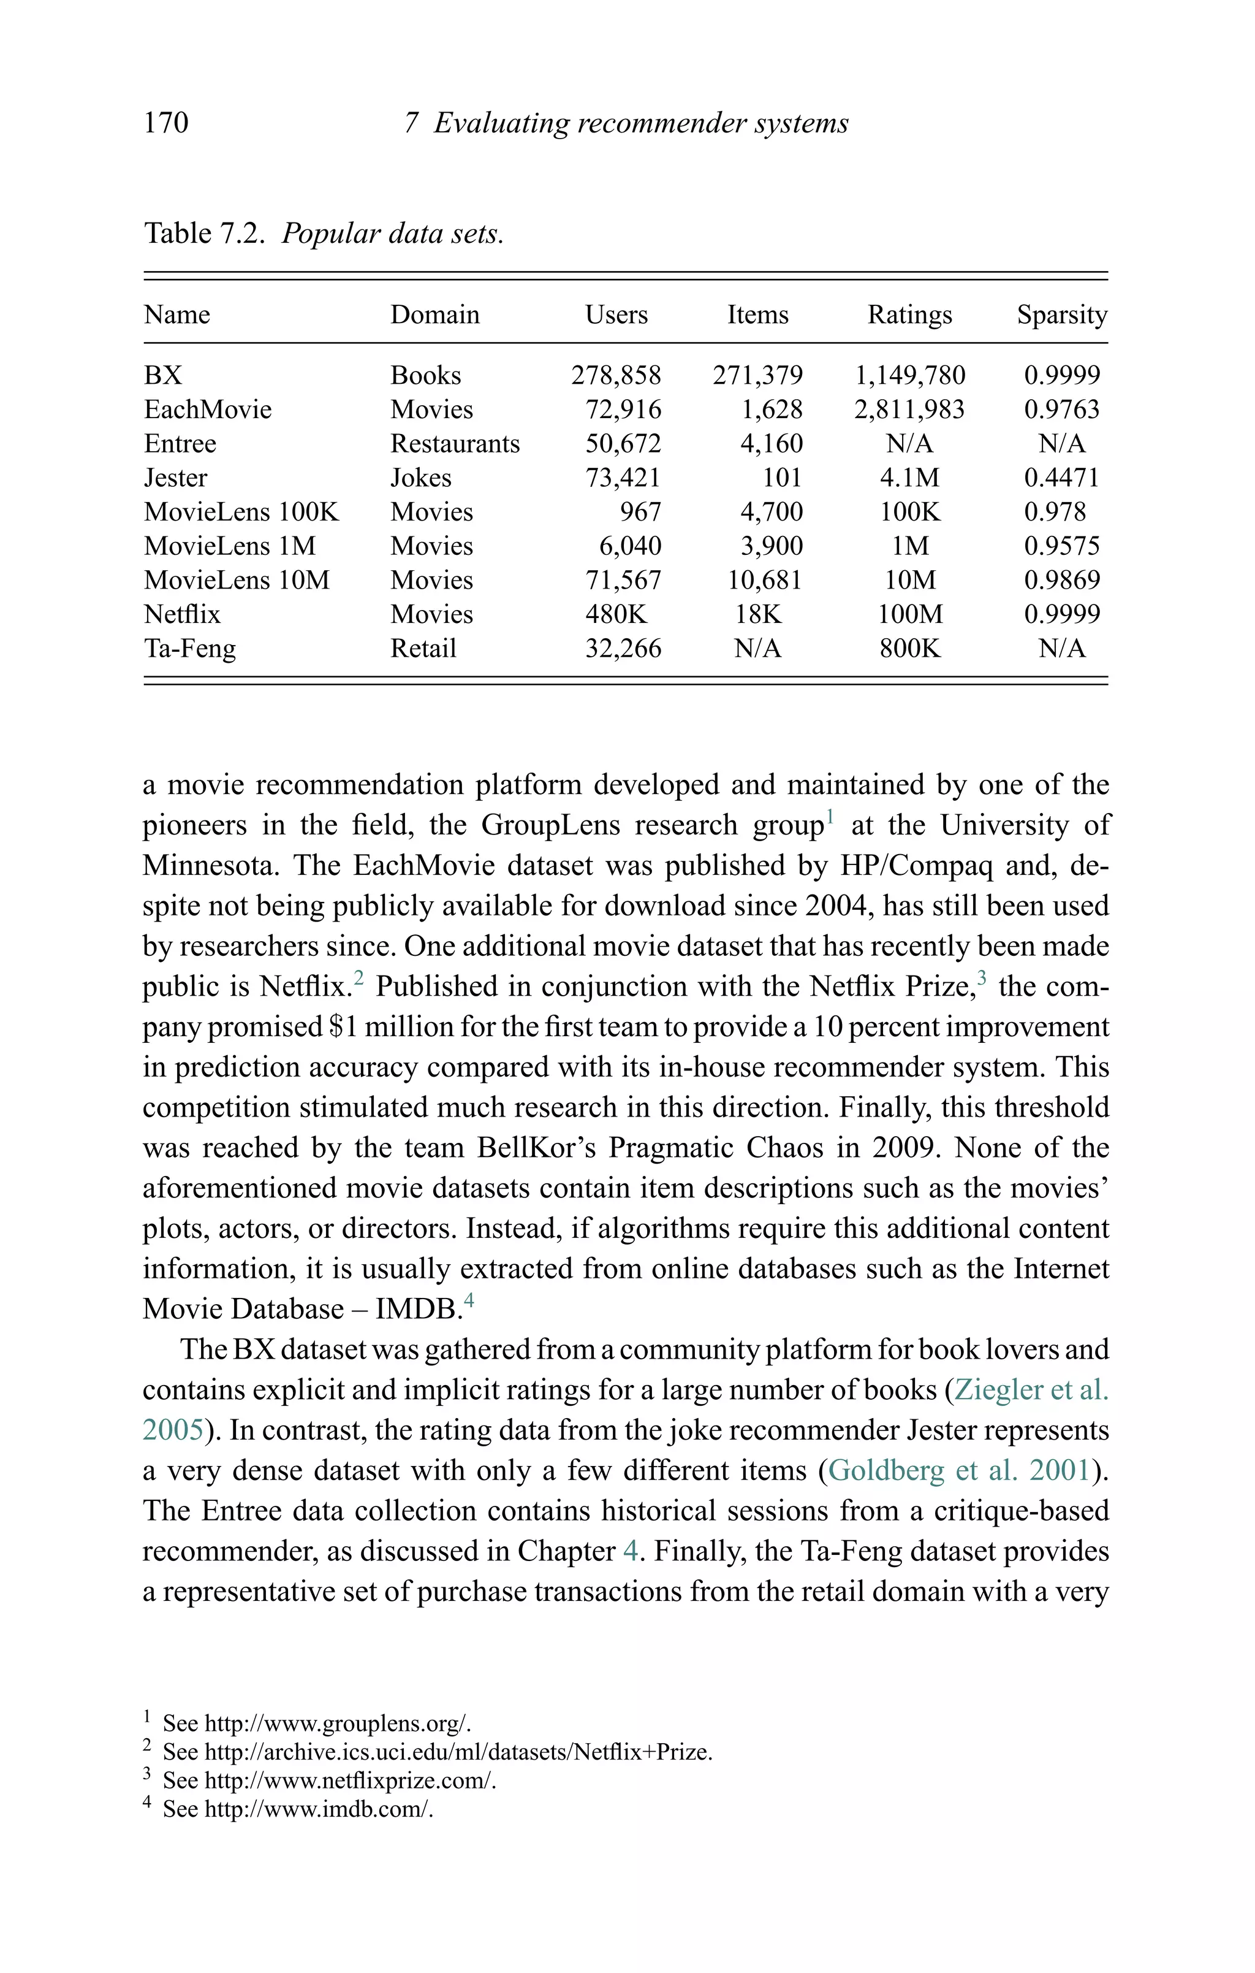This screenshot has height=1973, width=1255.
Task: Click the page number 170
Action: (165, 123)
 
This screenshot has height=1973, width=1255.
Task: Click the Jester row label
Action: (175, 478)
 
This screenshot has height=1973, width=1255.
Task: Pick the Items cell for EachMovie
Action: (772, 410)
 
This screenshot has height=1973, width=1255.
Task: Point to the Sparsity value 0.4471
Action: (1062, 478)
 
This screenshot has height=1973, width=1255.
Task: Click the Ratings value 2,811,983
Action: (909, 410)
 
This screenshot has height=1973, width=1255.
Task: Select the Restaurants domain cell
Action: (455, 443)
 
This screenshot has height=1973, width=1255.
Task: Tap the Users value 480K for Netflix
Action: (616, 614)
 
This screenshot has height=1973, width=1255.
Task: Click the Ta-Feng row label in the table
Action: (190, 649)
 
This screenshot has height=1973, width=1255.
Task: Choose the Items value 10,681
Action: (765, 580)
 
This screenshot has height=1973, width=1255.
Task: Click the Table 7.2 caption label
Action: (204, 234)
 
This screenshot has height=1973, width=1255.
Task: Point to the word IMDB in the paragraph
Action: (414, 1310)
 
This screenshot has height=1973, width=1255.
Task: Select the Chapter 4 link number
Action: (630, 1551)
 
